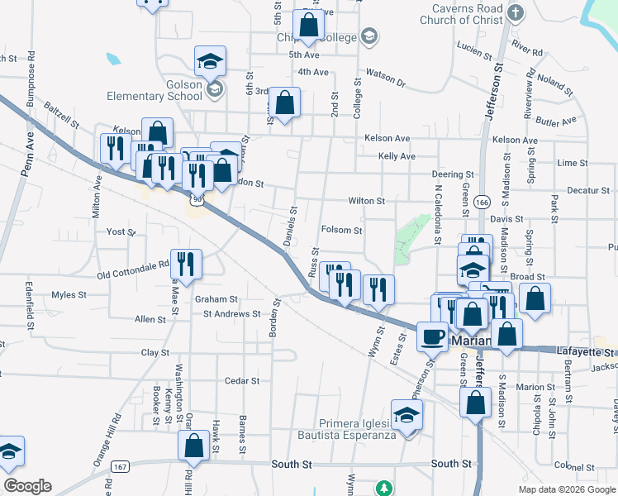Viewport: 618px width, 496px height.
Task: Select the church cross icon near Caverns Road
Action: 516,12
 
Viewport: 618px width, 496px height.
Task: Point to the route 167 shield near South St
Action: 121,467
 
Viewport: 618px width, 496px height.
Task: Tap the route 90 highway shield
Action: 196,199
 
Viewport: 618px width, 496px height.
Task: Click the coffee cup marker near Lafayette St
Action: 432,336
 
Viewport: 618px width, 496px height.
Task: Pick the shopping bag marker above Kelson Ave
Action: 284,103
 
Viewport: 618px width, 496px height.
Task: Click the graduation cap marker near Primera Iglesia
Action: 406,415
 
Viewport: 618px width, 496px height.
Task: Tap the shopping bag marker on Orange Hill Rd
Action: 193,446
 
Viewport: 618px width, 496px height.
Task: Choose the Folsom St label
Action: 341,230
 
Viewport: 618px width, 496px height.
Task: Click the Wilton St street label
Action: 366,201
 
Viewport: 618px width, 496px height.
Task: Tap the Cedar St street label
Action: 243,381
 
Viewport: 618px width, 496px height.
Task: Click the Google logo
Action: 27,486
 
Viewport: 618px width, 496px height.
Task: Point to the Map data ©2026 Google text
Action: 566,489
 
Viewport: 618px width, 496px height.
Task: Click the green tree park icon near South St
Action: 383,488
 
